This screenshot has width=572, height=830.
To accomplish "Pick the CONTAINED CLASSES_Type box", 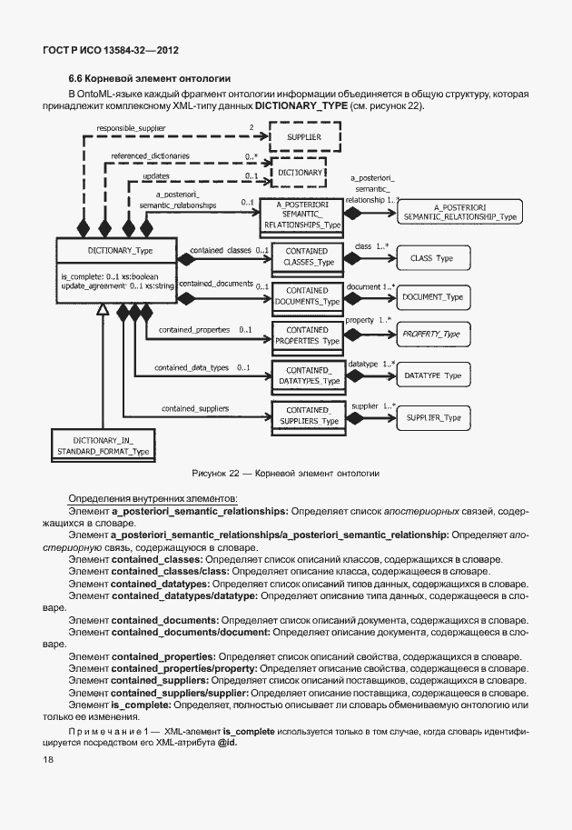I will click(x=307, y=256).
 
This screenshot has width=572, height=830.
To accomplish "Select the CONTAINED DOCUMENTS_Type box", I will click(x=307, y=295).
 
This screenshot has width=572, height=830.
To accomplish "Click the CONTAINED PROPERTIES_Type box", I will click(x=307, y=335).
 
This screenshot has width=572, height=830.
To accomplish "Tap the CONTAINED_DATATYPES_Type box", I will click(x=307, y=375).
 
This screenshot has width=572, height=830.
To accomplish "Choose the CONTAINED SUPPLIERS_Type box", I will click(x=307, y=415).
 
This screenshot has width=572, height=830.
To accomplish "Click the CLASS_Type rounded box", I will click(x=432, y=258).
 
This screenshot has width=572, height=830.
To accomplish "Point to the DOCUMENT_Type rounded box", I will click(x=432, y=297).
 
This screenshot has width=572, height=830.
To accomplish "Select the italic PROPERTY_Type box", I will click(x=432, y=335).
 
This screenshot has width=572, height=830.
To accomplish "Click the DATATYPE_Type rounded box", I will click(x=432, y=375).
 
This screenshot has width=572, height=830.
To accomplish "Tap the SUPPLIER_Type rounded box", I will click(x=432, y=417).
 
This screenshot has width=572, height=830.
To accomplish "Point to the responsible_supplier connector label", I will click(x=132, y=129).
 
